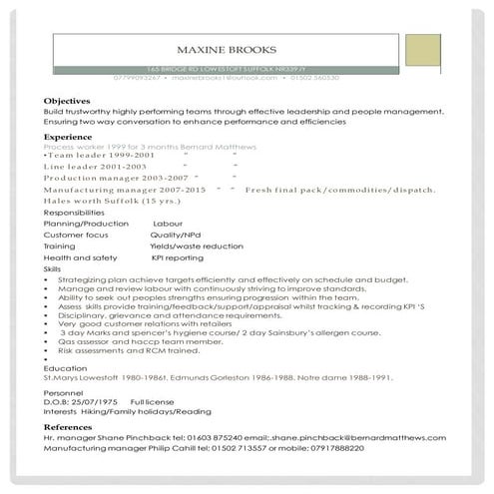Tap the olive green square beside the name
[425, 48]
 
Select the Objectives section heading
[67, 102]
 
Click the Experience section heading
[69, 137]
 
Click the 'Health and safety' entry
[75, 256]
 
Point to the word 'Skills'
[53, 269]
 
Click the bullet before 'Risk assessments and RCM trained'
[48, 351]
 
